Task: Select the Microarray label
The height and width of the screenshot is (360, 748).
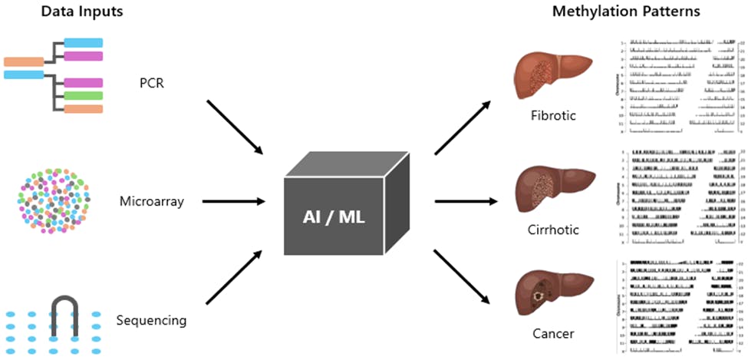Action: [151, 203]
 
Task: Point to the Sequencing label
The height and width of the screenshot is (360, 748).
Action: [152, 320]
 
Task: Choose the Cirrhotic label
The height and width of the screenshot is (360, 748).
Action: [553, 229]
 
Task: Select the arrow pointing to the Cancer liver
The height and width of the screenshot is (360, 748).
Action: [463, 278]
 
